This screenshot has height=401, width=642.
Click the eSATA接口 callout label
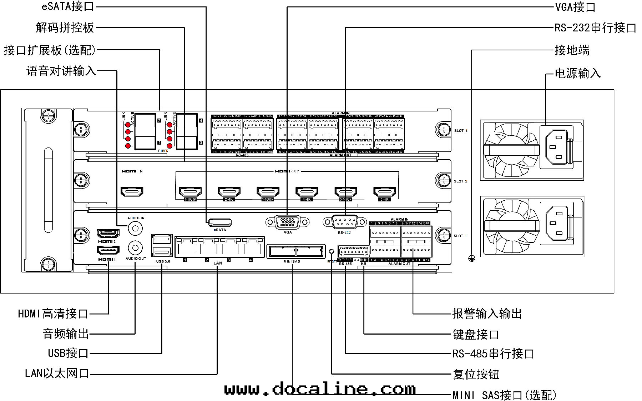(x=68, y=6)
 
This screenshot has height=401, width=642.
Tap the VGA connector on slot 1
(x=287, y=222)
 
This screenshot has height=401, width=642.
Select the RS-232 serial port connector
(x=344, y=222)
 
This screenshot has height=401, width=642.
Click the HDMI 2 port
(x=108, y=234)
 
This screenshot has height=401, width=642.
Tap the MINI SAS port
(x=295, y=251)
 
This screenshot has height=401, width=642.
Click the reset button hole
(x=332, y=251)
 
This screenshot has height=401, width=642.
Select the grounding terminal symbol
(x=472, y=259)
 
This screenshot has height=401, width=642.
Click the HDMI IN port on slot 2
(x=132, y=192)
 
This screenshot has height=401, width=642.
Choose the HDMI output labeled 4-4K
(x=307, y=192)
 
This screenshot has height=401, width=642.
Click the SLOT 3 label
(x=460, y=131)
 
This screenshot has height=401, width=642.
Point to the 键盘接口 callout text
(x=475, y=335)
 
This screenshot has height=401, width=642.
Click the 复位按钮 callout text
(x=476, y=374)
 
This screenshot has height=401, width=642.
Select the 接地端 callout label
(x=572, y=50)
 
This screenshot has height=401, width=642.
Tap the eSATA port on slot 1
(x=220, y=222)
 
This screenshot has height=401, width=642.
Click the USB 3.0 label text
(x=163, y=261)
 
